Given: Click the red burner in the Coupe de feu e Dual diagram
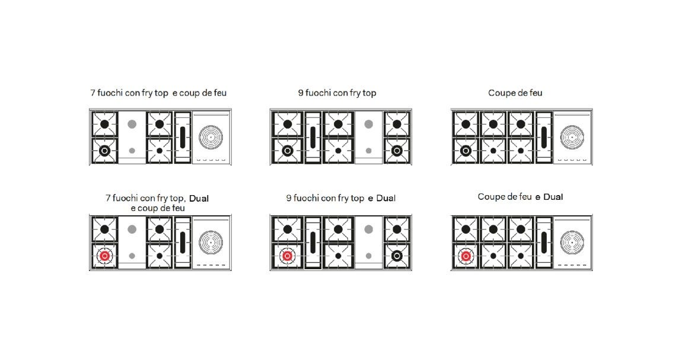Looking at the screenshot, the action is click(466, 256).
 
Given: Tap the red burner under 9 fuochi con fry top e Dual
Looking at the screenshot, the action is click(287, 256).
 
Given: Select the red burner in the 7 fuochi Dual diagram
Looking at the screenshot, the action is click(104, 256).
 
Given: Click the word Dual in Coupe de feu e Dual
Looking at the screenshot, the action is click(553, 197).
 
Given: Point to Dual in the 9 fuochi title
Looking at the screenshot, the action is click(386, 198).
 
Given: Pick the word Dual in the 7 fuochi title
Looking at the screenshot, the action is click(199, 199).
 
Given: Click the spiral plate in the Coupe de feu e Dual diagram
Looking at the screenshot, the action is click(572, 242).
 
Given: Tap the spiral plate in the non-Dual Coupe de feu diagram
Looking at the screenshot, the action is click(572, 137).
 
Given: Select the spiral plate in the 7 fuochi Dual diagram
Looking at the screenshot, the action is click(211, 242).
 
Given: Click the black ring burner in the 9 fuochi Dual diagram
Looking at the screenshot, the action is click(397, 256).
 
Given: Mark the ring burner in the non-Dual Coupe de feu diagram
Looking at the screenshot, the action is click(466, 151).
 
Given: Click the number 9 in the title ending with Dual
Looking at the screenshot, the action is click(289, 198).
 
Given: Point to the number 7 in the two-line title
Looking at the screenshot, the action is click(108, 198).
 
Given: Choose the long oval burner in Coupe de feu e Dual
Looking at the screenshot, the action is click(544, 242).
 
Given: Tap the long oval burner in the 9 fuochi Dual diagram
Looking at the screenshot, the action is click(313, 242).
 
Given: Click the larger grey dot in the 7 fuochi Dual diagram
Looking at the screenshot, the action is click(132, 229).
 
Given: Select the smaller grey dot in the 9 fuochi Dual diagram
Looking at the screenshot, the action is click(369, 256).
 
